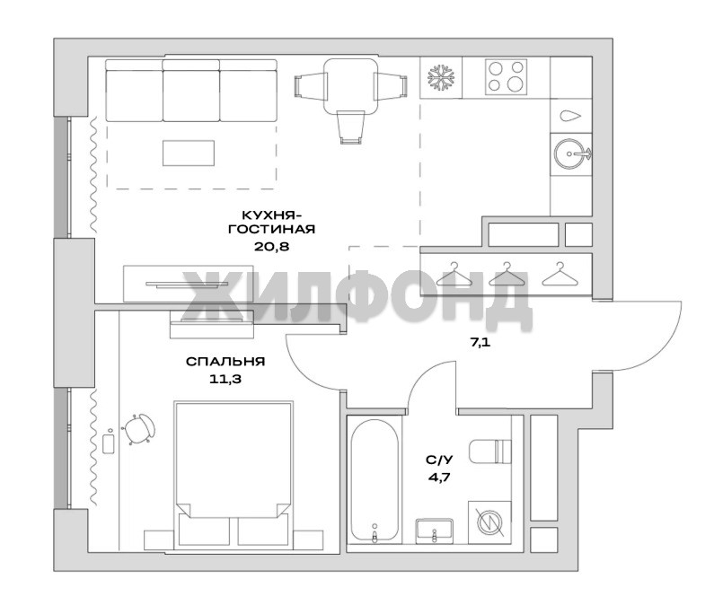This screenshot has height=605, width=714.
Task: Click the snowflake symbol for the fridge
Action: (441, 77)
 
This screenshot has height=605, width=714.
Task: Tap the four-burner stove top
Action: (506, 76)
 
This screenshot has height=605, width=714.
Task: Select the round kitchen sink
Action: (569, 153)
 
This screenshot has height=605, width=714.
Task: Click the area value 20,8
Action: (272, 247)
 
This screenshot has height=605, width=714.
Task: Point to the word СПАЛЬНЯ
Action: (225, 362)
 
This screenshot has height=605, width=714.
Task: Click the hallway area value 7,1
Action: (480, 343)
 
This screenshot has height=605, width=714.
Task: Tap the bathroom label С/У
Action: (439, 460)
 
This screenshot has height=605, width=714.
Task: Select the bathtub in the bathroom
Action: (375, 481)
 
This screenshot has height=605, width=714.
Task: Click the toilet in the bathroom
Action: (490, 450)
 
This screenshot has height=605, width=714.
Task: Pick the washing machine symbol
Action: (489, 522)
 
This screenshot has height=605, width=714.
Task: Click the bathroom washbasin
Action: (435, 530)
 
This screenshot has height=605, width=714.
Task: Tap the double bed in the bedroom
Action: (234, 473)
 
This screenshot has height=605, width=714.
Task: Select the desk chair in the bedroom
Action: (138, 429)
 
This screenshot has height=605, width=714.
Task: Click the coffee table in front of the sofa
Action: (189, 153)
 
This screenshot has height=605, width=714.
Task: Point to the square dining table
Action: (350, 86)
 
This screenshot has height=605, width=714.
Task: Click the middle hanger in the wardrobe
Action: (507, 275)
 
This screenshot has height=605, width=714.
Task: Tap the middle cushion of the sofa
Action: (190, 91)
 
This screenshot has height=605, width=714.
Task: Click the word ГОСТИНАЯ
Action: (272, 229)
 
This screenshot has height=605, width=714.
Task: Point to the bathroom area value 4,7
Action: (439, 478)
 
